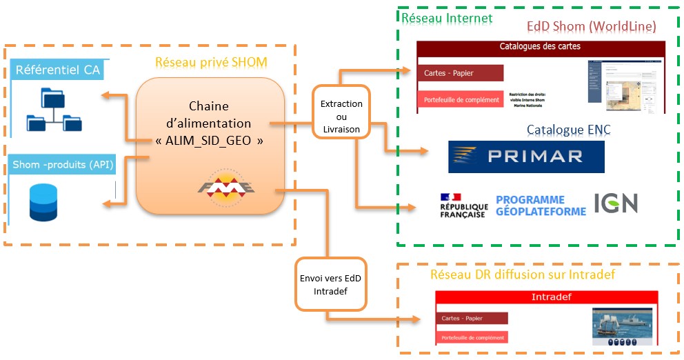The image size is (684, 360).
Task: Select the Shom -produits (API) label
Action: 63,166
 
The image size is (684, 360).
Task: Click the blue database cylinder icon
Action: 42,203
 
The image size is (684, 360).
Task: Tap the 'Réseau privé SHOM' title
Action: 211,63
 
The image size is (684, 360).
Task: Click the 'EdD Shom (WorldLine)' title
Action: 591,27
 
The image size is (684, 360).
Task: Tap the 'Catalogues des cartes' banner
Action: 540,47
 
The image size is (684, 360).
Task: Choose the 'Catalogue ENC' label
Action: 569,129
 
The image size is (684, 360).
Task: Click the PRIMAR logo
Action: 526,157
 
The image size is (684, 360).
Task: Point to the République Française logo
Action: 463,206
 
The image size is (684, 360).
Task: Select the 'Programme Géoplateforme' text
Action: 541,206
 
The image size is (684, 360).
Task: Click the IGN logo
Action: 616,203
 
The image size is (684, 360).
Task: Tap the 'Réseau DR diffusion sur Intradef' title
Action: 522,274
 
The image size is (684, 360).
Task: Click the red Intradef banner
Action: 547,298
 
